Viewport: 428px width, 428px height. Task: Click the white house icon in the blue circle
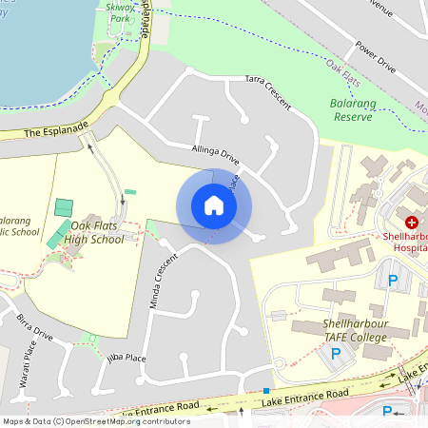213,205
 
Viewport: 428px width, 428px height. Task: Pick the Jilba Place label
126,358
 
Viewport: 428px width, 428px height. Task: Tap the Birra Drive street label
34,328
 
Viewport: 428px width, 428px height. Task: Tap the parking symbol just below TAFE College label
335,353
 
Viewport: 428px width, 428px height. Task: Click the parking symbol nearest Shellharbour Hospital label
392,281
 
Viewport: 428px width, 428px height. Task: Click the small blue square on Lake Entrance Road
265,391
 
